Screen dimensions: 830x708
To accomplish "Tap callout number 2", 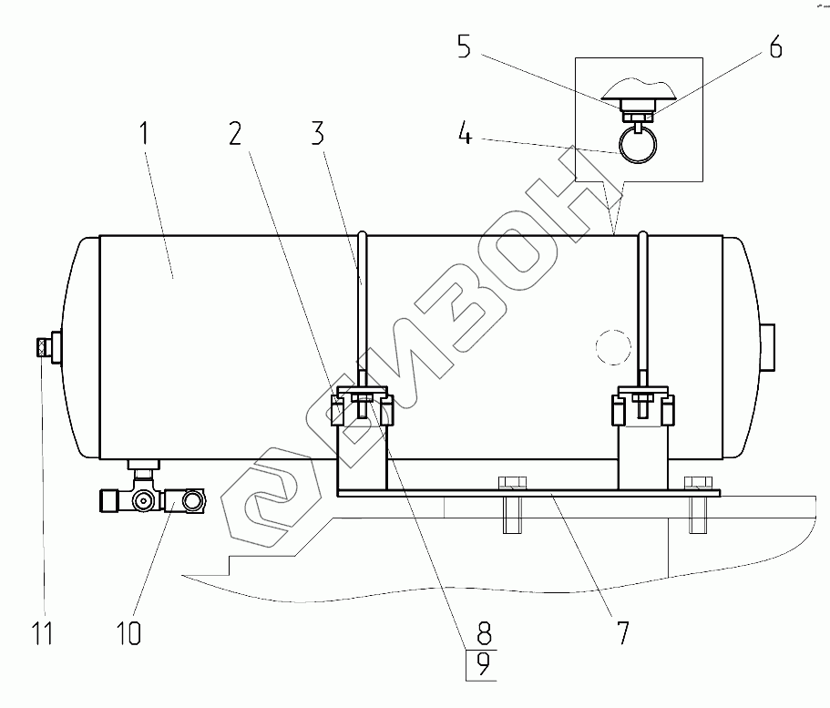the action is pos(236,133).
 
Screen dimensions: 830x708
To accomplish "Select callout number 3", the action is pos(318,133).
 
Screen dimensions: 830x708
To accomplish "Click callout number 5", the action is pos(465,46).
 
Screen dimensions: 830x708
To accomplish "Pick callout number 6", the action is pos(775,46).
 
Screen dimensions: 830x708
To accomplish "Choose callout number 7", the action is pos(623,632).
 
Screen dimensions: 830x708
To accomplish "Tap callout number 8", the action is pos(484,633).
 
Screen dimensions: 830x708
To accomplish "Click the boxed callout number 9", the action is pos(483,664).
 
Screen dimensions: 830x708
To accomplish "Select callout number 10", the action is pos(129,632).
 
